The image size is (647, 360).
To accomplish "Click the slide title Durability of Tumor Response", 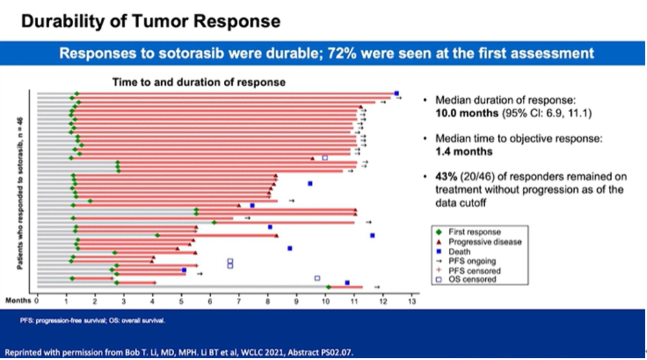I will coord(151,21).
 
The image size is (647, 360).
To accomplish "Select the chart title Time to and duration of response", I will coord(199,82).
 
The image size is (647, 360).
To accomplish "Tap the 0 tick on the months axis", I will coord(38,300).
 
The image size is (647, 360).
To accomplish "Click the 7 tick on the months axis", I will coord(239,300).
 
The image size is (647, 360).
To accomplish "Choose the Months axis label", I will coord(18,300).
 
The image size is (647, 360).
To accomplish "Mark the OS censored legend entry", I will coord(476,280).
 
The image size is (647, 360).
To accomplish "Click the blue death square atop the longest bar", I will coord(397,93).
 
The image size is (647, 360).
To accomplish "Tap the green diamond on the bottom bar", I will coord(329,287).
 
